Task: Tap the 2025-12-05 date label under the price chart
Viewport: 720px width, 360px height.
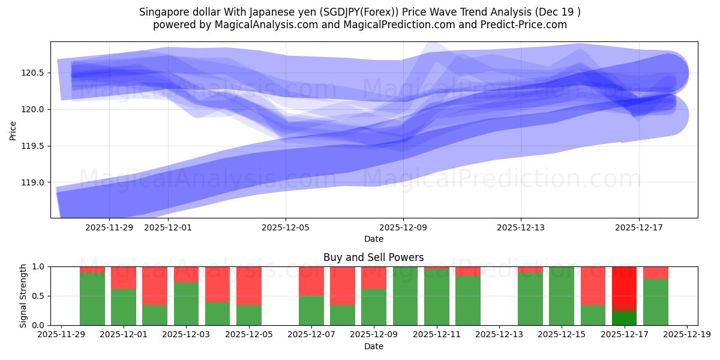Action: click(286, 227)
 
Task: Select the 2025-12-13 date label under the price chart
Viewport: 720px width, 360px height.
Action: click(521, 227)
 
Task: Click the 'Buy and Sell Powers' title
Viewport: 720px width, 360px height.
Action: click(373, 257)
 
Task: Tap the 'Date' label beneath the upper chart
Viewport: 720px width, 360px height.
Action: click(373, 239)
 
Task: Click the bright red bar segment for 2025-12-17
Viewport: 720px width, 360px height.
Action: click(624, 285)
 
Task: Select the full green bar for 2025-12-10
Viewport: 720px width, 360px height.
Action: click(405, 296)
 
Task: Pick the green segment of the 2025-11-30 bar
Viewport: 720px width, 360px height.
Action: click(92, 299)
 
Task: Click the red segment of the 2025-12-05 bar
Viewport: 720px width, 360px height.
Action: click(248, 286)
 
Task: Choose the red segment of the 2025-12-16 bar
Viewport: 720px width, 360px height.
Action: click(593, 286)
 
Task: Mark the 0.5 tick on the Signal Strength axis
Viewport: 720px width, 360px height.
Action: click(40, 296)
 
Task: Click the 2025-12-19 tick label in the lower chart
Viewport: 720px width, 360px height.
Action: click(686, 335)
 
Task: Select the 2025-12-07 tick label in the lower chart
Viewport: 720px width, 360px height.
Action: click(311, 335)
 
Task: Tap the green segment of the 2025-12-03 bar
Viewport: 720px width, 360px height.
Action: click(186, 304)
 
